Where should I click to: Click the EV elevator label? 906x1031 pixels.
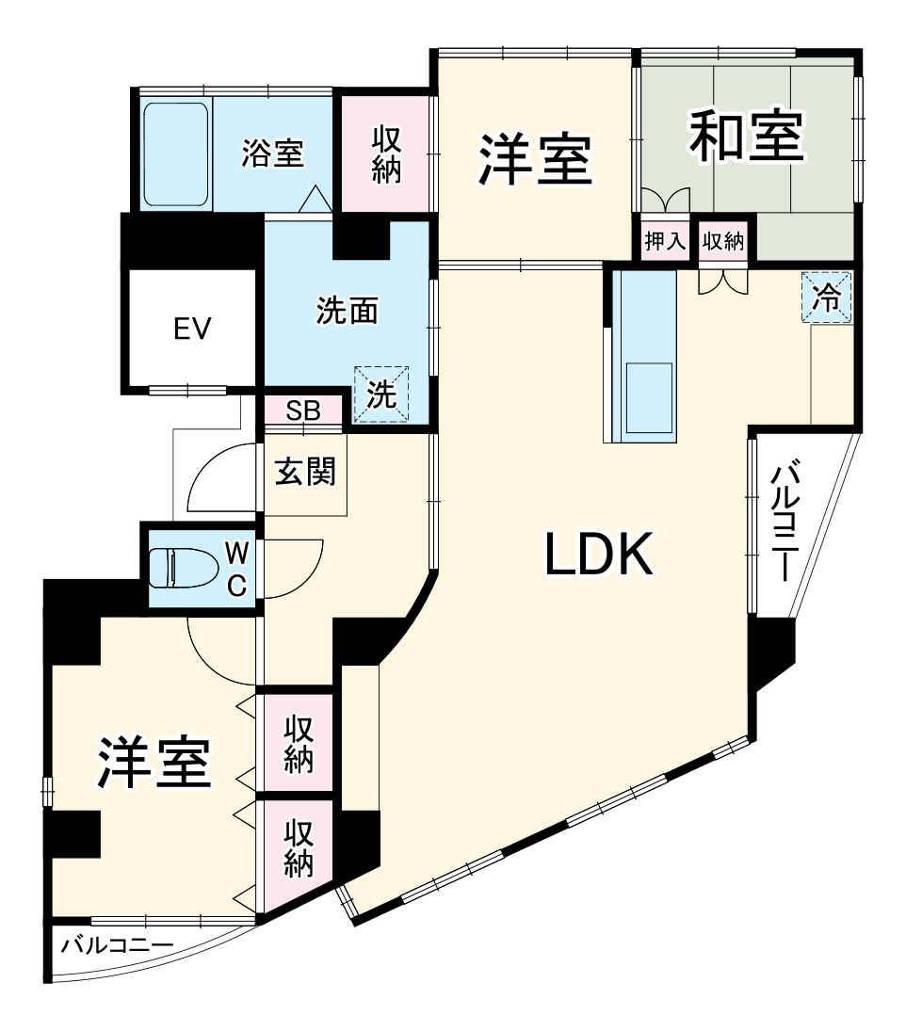(x=192, y=329)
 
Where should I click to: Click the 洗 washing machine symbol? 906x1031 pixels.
(x=381, y=394)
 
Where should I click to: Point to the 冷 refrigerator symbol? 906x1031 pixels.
(x=826, y=298)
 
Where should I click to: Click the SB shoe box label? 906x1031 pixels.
(x=303, y=411)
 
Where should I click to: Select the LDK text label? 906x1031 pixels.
(x=599, y=556)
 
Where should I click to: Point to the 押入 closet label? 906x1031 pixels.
(x=665, y=241)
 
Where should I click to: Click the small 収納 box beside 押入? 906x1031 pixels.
(x=722, y=241)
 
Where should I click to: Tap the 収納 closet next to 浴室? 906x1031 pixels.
(x=386, y=153)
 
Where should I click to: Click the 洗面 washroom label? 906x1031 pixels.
(x=347, y=312)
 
